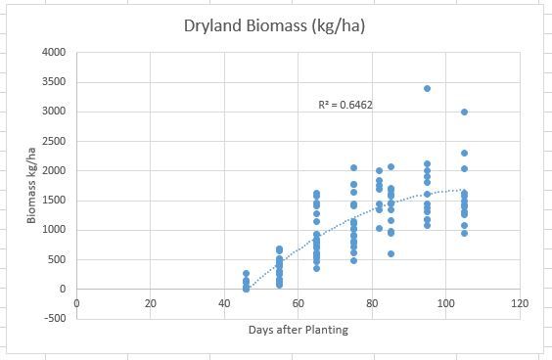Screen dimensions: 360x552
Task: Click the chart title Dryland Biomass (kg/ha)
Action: coord(275,24)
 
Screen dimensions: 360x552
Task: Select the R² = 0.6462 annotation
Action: coord(345,104)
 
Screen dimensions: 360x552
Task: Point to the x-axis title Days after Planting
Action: coord(299,330)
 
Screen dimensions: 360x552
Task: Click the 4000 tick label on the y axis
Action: coord(54,53)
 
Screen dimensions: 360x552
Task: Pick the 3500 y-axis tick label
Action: coord(54,82)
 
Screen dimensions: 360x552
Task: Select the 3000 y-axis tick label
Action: coord(54,112)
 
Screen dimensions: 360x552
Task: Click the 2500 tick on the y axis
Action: coord(54,142)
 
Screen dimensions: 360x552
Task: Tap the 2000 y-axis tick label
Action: coord(54,171)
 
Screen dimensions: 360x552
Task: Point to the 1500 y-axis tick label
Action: coord(54,201)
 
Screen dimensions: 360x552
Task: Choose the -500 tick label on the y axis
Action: coord(55,319)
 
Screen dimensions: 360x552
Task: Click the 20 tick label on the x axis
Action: coord(150,303)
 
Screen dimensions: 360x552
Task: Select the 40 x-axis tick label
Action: coord(224,303)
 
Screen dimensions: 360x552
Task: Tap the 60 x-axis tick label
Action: coord(299,303)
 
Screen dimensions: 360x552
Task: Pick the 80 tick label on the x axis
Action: coord(372,303)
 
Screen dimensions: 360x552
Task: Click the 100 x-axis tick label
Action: coord(446,303)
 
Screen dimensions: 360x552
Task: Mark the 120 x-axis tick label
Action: coord(520,303)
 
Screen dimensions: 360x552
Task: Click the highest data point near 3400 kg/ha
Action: coord(427,88)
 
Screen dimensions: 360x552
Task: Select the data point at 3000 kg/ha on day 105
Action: coord(464,112)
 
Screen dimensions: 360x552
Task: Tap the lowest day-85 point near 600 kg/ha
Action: coord(391,253)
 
